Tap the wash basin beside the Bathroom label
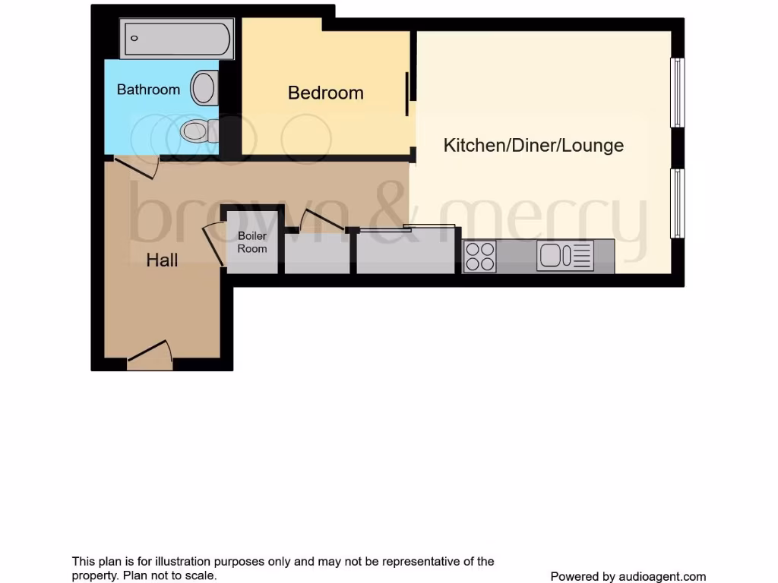pos(204,87)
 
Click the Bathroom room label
pos(148,90)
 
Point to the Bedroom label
pos(325,93)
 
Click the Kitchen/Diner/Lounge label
pos(533,145)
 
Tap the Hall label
pos(162,260)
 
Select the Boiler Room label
pos(252,242)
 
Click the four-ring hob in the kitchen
pos(479,256)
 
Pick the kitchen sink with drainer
pos(565,255)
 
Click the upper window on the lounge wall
pos(677,93)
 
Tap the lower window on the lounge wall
pos(677,203)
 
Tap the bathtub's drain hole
pos(134,37)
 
